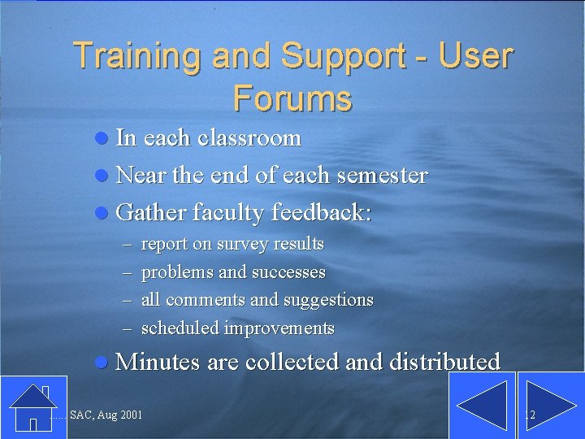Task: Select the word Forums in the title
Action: tap(292, 98)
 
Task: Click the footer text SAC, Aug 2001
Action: tap(106, 415)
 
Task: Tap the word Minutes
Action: tap(158, 362)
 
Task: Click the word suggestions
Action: tap(328, 300)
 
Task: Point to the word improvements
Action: tap(279, 328)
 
